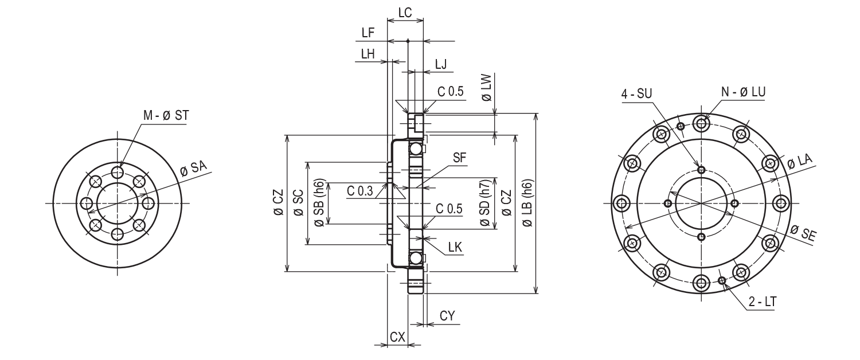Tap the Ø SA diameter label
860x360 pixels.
coord(193,169)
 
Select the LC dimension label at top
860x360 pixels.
coord(405,11)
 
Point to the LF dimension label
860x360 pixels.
coord(368,33)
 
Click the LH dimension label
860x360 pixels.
coord(368,54)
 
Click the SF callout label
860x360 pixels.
coord(460,159)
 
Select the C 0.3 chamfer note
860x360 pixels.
coord(359,190)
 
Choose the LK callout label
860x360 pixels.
coord(456,247)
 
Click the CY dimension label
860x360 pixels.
coord(448,316)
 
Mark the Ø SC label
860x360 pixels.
coord(298,204)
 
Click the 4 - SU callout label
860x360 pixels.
coord(637,93)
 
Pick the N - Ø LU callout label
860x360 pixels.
coord(742,92)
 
